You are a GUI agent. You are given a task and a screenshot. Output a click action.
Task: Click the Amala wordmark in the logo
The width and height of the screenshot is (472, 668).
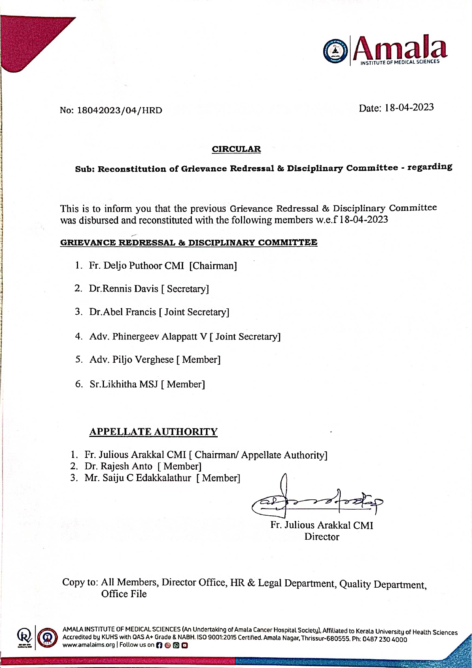click(x=400, y=48)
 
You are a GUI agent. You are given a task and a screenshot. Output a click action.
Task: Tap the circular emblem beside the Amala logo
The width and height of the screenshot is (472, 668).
click(x=335, y=51)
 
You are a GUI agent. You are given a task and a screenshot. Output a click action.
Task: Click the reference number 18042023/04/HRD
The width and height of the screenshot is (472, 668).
click(x=120, y=110)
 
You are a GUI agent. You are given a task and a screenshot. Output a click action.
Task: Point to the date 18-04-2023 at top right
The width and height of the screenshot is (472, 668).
click(x=409, y=108)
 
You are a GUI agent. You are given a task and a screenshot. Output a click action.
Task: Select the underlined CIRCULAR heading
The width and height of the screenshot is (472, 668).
click(x=236, y=149)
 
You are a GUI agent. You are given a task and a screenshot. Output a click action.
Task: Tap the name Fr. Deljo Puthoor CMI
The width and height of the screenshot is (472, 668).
click(x=136, y=265)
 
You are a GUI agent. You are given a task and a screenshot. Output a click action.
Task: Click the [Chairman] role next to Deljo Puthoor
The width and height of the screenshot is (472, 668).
click(x=213, y=265)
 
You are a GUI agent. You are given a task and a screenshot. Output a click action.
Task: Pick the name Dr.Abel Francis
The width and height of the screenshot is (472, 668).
click(x=123, y=312)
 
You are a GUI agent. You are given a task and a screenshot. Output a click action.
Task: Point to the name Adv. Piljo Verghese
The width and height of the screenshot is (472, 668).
click(x=131, y=360)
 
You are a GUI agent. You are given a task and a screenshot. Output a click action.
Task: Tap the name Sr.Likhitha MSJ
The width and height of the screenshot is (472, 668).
click(x=124, y=384)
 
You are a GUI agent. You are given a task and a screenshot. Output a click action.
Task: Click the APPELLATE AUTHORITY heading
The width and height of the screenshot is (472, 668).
click(x=153, y=432)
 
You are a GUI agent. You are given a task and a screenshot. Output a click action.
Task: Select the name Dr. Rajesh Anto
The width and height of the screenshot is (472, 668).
click(x=118, y=466)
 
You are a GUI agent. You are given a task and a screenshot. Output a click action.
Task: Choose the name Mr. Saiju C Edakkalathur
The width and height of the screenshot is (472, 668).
click(x=138, y=478)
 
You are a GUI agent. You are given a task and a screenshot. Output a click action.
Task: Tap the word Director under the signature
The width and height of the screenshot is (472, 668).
click(x=322, y=537)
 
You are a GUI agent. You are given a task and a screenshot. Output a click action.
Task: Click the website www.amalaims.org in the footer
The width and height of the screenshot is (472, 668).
click(x=89, y=645)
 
